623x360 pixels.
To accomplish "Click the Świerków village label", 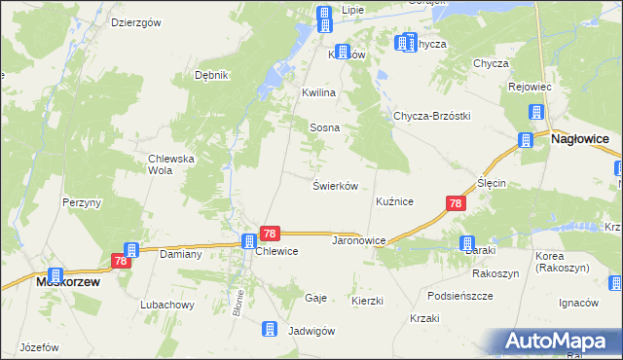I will [337, 185].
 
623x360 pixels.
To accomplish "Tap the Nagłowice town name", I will [580, 140].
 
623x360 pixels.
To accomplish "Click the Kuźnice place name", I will [395, 201].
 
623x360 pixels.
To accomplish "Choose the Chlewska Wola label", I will [172, 164].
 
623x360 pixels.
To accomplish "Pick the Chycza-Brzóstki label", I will [431, 116].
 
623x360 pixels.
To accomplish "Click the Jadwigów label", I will [311, 331].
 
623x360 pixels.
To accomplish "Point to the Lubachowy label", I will [165, 305].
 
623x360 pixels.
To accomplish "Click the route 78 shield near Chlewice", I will [271, 234].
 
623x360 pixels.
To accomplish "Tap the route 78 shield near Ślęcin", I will [456, 203].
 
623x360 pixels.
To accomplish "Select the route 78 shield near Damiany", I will [121, 261].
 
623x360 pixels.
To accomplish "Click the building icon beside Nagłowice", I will [527, 139].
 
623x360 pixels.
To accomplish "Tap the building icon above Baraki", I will [467, 243].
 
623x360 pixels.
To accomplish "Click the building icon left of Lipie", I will [324, 14].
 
